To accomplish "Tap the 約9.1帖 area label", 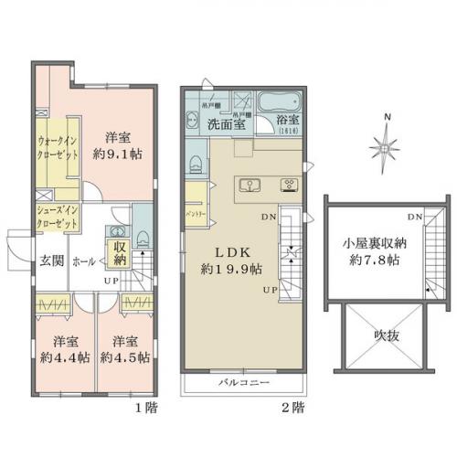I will pos(116,154).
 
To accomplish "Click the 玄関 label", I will pos(50,260).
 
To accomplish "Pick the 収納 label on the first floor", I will pos(120,253).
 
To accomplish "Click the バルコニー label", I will pos(243,380).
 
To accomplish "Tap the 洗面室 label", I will pos(222,124).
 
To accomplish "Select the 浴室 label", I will pos(287,123).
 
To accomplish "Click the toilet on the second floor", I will pos(196,163).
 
